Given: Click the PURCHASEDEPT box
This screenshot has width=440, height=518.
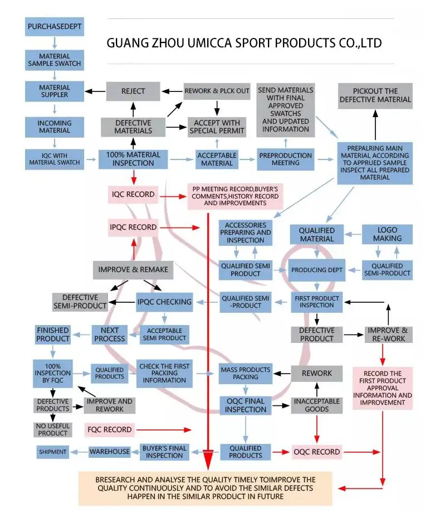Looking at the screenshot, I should coord(55,26).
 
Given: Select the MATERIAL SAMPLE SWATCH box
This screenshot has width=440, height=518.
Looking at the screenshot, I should coord(55,60).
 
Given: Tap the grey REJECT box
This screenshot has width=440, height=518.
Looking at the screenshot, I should coord(133,91).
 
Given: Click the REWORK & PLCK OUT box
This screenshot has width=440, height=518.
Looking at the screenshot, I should coord(217,91).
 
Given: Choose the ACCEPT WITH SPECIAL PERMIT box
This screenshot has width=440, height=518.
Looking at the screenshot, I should coord(217,127).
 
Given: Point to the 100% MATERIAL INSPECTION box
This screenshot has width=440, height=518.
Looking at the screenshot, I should coord(133,158).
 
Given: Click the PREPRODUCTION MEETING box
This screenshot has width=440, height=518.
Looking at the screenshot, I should coord(286,159).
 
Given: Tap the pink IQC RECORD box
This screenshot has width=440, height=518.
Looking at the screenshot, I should coord(133,195).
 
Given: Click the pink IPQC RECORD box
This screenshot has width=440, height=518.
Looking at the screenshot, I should coord(133,227).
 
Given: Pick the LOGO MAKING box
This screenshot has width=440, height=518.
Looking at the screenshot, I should coord(387,234).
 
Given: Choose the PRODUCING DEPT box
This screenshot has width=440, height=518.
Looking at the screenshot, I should coord(317,270).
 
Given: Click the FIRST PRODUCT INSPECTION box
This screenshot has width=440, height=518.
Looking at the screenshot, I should coord(317,302).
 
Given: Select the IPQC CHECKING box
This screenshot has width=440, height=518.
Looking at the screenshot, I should coord(164,302).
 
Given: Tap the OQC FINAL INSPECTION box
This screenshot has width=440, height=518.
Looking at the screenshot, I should coord(246,405).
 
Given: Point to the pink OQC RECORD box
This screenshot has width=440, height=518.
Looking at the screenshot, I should coord(317,452).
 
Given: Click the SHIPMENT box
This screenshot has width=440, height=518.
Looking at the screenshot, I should coord(53,452).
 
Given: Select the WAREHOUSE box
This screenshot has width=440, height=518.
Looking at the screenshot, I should coord(110,452).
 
